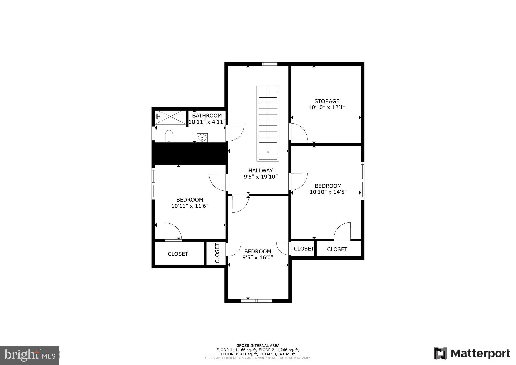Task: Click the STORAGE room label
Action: tap(327, 101)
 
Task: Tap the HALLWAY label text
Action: tap(261, 170)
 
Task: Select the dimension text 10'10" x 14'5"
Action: tap(328, 192)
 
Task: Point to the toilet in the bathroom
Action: tap(169, 136)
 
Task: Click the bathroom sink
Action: tap(202, 138)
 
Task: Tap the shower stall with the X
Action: tap(170, 117)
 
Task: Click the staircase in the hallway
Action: tap(268, 124)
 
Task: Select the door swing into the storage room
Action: tap(299, 132)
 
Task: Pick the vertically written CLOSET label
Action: tap(217, 253)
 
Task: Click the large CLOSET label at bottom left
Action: tap(178, 254)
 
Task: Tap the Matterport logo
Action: tap(472, 353)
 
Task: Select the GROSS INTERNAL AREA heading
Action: tap(258, 346)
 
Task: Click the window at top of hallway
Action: tap(269, 64)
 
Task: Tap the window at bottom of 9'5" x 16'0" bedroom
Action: tap(256, 301)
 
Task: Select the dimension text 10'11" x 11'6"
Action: tap(190, 206)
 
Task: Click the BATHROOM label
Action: tap(207, 116)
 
